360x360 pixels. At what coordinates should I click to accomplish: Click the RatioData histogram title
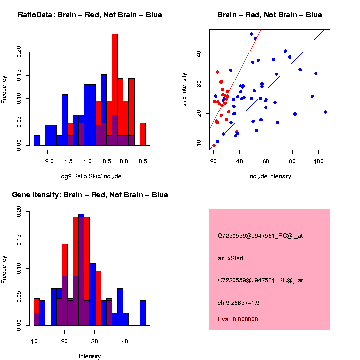[x=90, y=15]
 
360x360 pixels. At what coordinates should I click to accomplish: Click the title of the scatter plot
[x=269, y=15]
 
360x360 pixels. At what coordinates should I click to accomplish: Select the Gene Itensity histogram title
[x=90, y=195]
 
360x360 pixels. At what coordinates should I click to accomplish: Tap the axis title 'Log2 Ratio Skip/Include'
[x=90, y=176]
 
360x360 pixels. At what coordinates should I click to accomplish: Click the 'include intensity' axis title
[x=270, y=176]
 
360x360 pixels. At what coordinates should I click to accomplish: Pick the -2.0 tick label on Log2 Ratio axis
[x=48, y=162]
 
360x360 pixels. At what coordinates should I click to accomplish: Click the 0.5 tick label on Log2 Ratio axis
[x=143, y=162]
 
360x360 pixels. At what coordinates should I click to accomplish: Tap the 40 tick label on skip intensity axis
[x=198, y=54]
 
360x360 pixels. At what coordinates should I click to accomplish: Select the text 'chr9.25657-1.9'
[x=239, y=303]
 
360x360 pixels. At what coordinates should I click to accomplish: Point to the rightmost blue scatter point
[x=325, y=112]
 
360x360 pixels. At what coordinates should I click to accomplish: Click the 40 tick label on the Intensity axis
[x=125, y=342]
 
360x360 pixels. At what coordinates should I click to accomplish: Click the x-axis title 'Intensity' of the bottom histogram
[x=90, y=356]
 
